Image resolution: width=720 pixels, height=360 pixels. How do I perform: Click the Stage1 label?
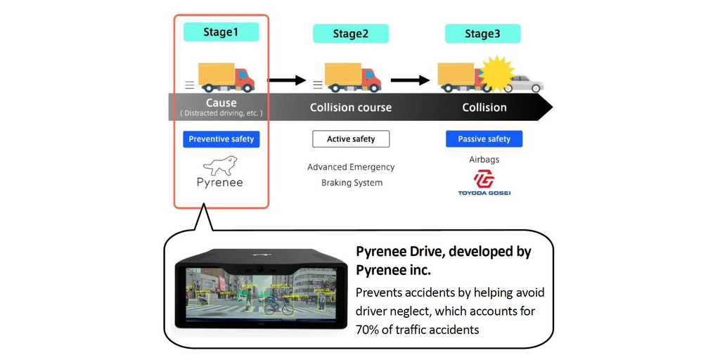click(x=221, y=32)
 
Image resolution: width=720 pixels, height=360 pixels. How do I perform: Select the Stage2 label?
click(x=350, y=34)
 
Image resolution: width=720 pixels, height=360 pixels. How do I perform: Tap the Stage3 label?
click(x=482, y=34)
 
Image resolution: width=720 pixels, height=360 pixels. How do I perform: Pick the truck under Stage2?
click(x=352, y=77)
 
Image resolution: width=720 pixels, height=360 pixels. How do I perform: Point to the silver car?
click(x=526, y=84)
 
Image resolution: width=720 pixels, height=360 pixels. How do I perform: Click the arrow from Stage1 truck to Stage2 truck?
click(x=288, y=81)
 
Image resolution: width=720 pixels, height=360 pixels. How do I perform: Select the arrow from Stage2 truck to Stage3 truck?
click(x=410, y=81)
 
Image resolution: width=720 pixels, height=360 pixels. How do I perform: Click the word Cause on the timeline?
click(x=221, y=103)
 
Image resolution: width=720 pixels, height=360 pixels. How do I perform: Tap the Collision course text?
click(x=351, y=108)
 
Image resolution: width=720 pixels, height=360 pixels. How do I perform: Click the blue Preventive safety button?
click(x=221, y=139)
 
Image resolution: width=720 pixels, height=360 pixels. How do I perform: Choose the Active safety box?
click(x=351, y=139)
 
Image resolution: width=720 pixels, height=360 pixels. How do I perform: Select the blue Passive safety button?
click(x=484, y=139)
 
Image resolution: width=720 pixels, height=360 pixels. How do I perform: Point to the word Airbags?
click(x=484, y=160)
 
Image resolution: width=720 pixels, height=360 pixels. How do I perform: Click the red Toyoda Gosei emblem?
click(x=484, y=179)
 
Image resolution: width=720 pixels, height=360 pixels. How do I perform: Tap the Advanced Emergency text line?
click(x=351, y=167)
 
